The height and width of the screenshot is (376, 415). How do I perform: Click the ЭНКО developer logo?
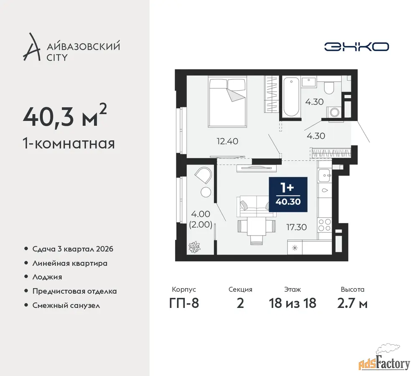pos(356,47)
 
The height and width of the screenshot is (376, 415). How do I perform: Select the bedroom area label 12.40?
pos(227,141)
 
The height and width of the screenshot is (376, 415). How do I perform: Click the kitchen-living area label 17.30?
pos(296,227)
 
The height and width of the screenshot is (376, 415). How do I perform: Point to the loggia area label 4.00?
pos(200,214)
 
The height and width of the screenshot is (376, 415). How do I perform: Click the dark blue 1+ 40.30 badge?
pos(288,195)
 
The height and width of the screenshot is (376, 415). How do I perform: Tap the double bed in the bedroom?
pos(227,102)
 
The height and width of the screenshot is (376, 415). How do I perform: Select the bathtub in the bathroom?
pos(291,97)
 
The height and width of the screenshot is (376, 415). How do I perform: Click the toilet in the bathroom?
pos(329,88)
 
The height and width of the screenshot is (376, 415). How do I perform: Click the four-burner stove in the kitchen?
pos(324,225)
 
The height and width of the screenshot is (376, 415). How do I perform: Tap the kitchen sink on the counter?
pos(324,175)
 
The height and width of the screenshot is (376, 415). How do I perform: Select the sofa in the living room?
pos(257,206)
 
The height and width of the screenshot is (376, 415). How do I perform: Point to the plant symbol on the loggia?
pos(194,247)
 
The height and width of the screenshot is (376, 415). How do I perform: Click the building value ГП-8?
pos(184,303)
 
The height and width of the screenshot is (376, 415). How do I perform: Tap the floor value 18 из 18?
pos(293,303)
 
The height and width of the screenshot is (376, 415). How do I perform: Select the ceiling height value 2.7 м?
pos(352,303)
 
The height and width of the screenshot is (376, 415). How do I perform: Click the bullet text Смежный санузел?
pos(66,305)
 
